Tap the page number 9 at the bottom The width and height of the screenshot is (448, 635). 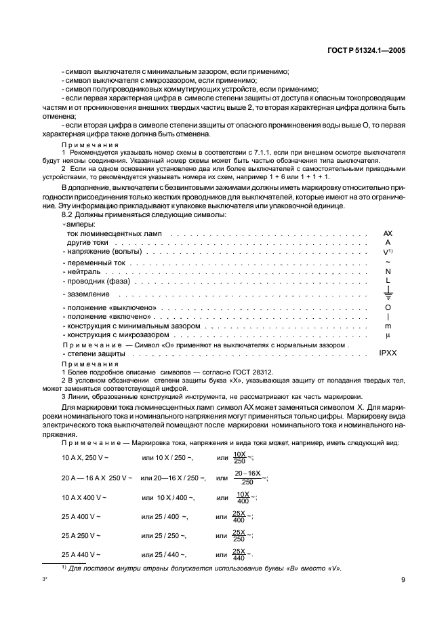coord(403,579)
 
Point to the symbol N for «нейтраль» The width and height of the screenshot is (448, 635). coord(388,271)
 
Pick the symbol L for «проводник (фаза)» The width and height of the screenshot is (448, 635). coord(388,280)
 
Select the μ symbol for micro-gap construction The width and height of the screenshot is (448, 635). coord(388,335)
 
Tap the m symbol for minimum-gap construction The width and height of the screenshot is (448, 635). coord(388,326)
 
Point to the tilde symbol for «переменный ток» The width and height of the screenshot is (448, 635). coord(388,261)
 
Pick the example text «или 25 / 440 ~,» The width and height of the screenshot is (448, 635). coord(165,554)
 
